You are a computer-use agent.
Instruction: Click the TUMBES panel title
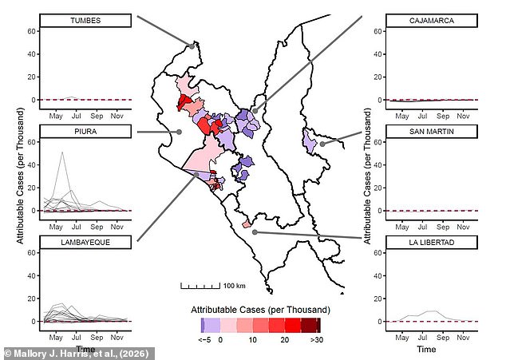coord(85,21)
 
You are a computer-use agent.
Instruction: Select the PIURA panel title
coord(85,132)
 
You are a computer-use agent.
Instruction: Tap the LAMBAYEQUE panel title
coord(85,242)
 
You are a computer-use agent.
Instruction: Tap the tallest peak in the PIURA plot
coord(62,152)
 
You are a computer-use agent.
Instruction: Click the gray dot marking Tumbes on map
coord(192,45)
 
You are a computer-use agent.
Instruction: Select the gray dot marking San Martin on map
coord(322,144)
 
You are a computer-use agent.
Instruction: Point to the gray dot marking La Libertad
coord(254,232)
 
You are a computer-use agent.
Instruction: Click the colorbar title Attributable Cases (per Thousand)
coord(260,309)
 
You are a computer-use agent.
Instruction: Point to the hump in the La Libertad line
coord(431,311)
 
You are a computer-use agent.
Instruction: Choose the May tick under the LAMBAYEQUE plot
coord(56,336)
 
